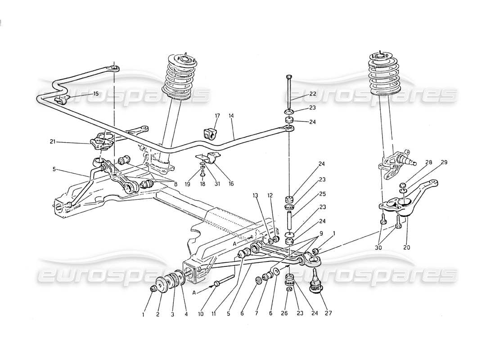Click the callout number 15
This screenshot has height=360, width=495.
(95, 94)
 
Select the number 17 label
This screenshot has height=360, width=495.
(217, 116)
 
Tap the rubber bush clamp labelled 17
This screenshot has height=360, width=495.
(207, 134)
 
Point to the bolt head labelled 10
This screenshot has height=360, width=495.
(217, 284)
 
